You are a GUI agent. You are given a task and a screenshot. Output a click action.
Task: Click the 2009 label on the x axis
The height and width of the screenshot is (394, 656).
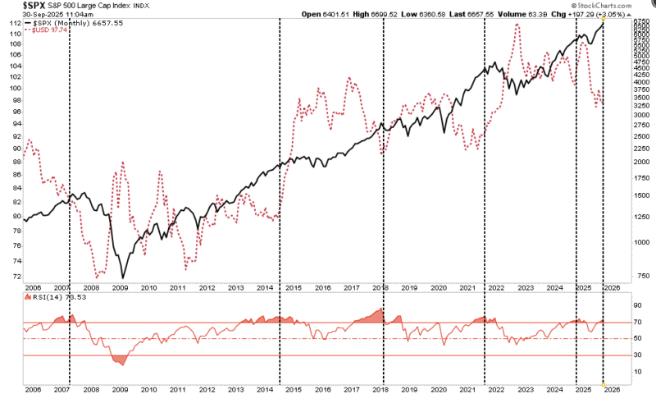119,288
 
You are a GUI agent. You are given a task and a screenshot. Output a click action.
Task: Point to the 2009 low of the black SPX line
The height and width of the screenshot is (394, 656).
124,277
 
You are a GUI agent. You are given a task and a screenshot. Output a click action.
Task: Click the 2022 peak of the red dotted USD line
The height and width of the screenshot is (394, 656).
517,25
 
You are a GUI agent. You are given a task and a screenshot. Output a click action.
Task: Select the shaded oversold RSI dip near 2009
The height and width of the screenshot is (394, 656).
120,359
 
